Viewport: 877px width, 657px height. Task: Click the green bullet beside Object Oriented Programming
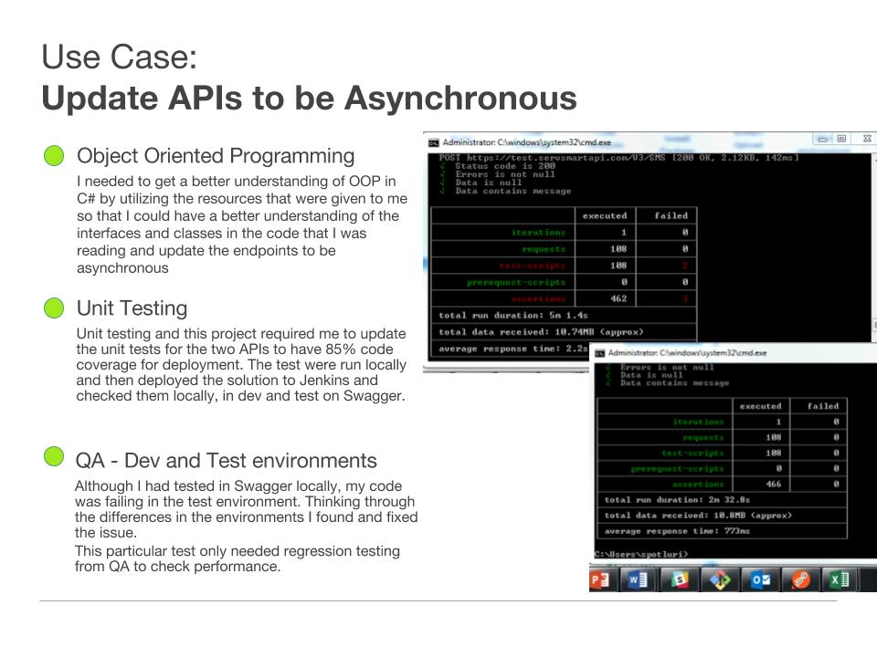tap(55, 156)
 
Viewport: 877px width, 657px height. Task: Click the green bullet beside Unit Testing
tap(55, 308)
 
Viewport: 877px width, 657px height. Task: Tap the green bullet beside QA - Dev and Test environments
tap(55, 456)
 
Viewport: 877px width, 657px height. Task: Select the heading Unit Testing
tap(132, 308)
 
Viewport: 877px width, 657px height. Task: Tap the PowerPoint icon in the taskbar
tap(600, 579)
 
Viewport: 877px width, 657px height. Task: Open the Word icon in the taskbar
tap(638, 579)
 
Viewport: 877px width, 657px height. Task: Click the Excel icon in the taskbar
tap(839, 579)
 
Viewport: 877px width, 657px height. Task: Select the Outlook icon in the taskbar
tap(760, 579)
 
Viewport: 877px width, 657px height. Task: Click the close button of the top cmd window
tap(866, 139)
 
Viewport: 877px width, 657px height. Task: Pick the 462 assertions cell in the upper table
tap(618, 299)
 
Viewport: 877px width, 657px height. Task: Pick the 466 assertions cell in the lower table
tap(773, 485)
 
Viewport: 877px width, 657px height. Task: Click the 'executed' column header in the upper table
tap(605, 216)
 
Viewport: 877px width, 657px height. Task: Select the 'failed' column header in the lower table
tap(823, 406)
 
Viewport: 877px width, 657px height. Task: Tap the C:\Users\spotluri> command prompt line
tap(641, 554)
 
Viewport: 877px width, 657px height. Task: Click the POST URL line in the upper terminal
tap(618, 158)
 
